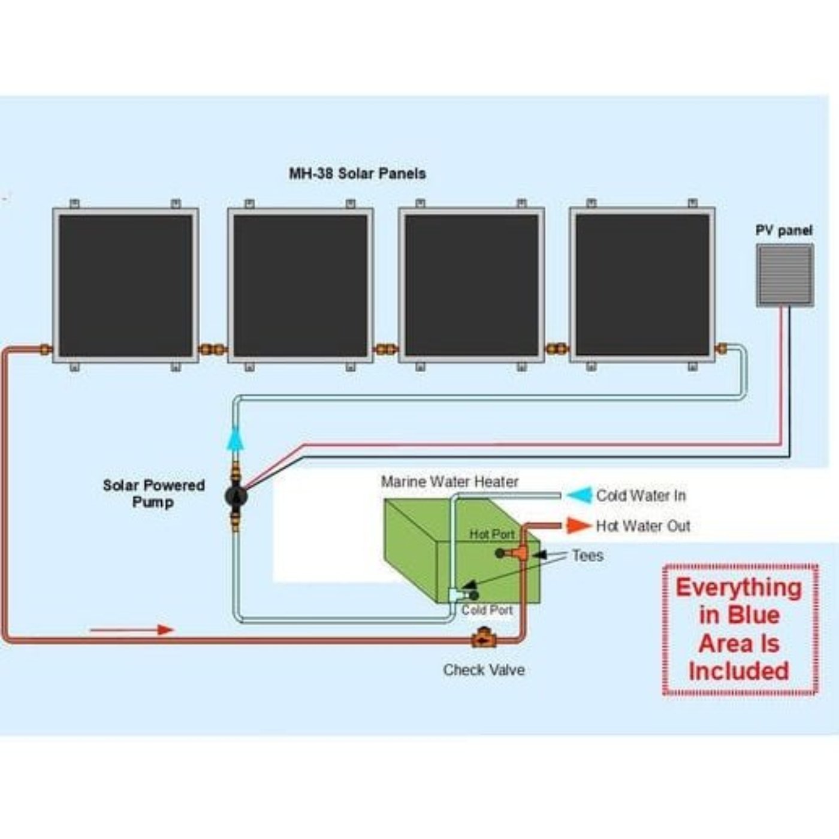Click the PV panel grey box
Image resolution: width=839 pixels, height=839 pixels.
pyautogui.click(x=784, y=276)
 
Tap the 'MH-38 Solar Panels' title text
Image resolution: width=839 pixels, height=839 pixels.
pyautogui.click(x=357, y=174)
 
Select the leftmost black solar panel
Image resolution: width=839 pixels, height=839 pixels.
pyautogui.click(x=125, y=285)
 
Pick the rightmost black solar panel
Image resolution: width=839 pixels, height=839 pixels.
pyautogui.click(x=642, y=285)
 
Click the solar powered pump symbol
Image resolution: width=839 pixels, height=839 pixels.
pyautogui.click(x=236, y=496)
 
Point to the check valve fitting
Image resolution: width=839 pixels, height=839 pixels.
pyautogui.click(x=482, y=638)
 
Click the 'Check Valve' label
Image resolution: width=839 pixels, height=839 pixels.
pyautogui.click(x=484, y=670)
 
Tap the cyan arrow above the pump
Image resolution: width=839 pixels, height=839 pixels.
pyautogui.click(x=236, y=439)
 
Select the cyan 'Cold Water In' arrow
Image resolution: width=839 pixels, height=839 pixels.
pyautogui.click(x=579, y=495)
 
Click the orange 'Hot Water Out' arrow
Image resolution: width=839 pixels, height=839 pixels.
pyautogui.click(x=578, y=526)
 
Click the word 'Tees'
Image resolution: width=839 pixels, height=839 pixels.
pyautogui.click(x=587, y=556)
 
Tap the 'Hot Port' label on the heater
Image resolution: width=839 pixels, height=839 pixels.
pyautogui.click(x=491, y=534)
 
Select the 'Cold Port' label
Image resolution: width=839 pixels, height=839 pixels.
pyautogui.click(x=487, y=610)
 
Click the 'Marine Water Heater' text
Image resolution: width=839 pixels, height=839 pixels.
pyautogui.click(x=449, y=482)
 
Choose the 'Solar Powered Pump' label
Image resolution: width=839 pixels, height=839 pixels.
pyautogui.click(x=153, y=494)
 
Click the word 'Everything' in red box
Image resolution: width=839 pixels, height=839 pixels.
pyautogui.click(x=738, y=588)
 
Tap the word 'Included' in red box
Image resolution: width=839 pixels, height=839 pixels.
pyautogui.click(x=738, y=671)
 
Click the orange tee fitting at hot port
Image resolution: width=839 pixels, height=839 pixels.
pyautogui.click(x=519, y=553)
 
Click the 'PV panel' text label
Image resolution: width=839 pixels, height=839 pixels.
pyautogui.click(x=783, y=230)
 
